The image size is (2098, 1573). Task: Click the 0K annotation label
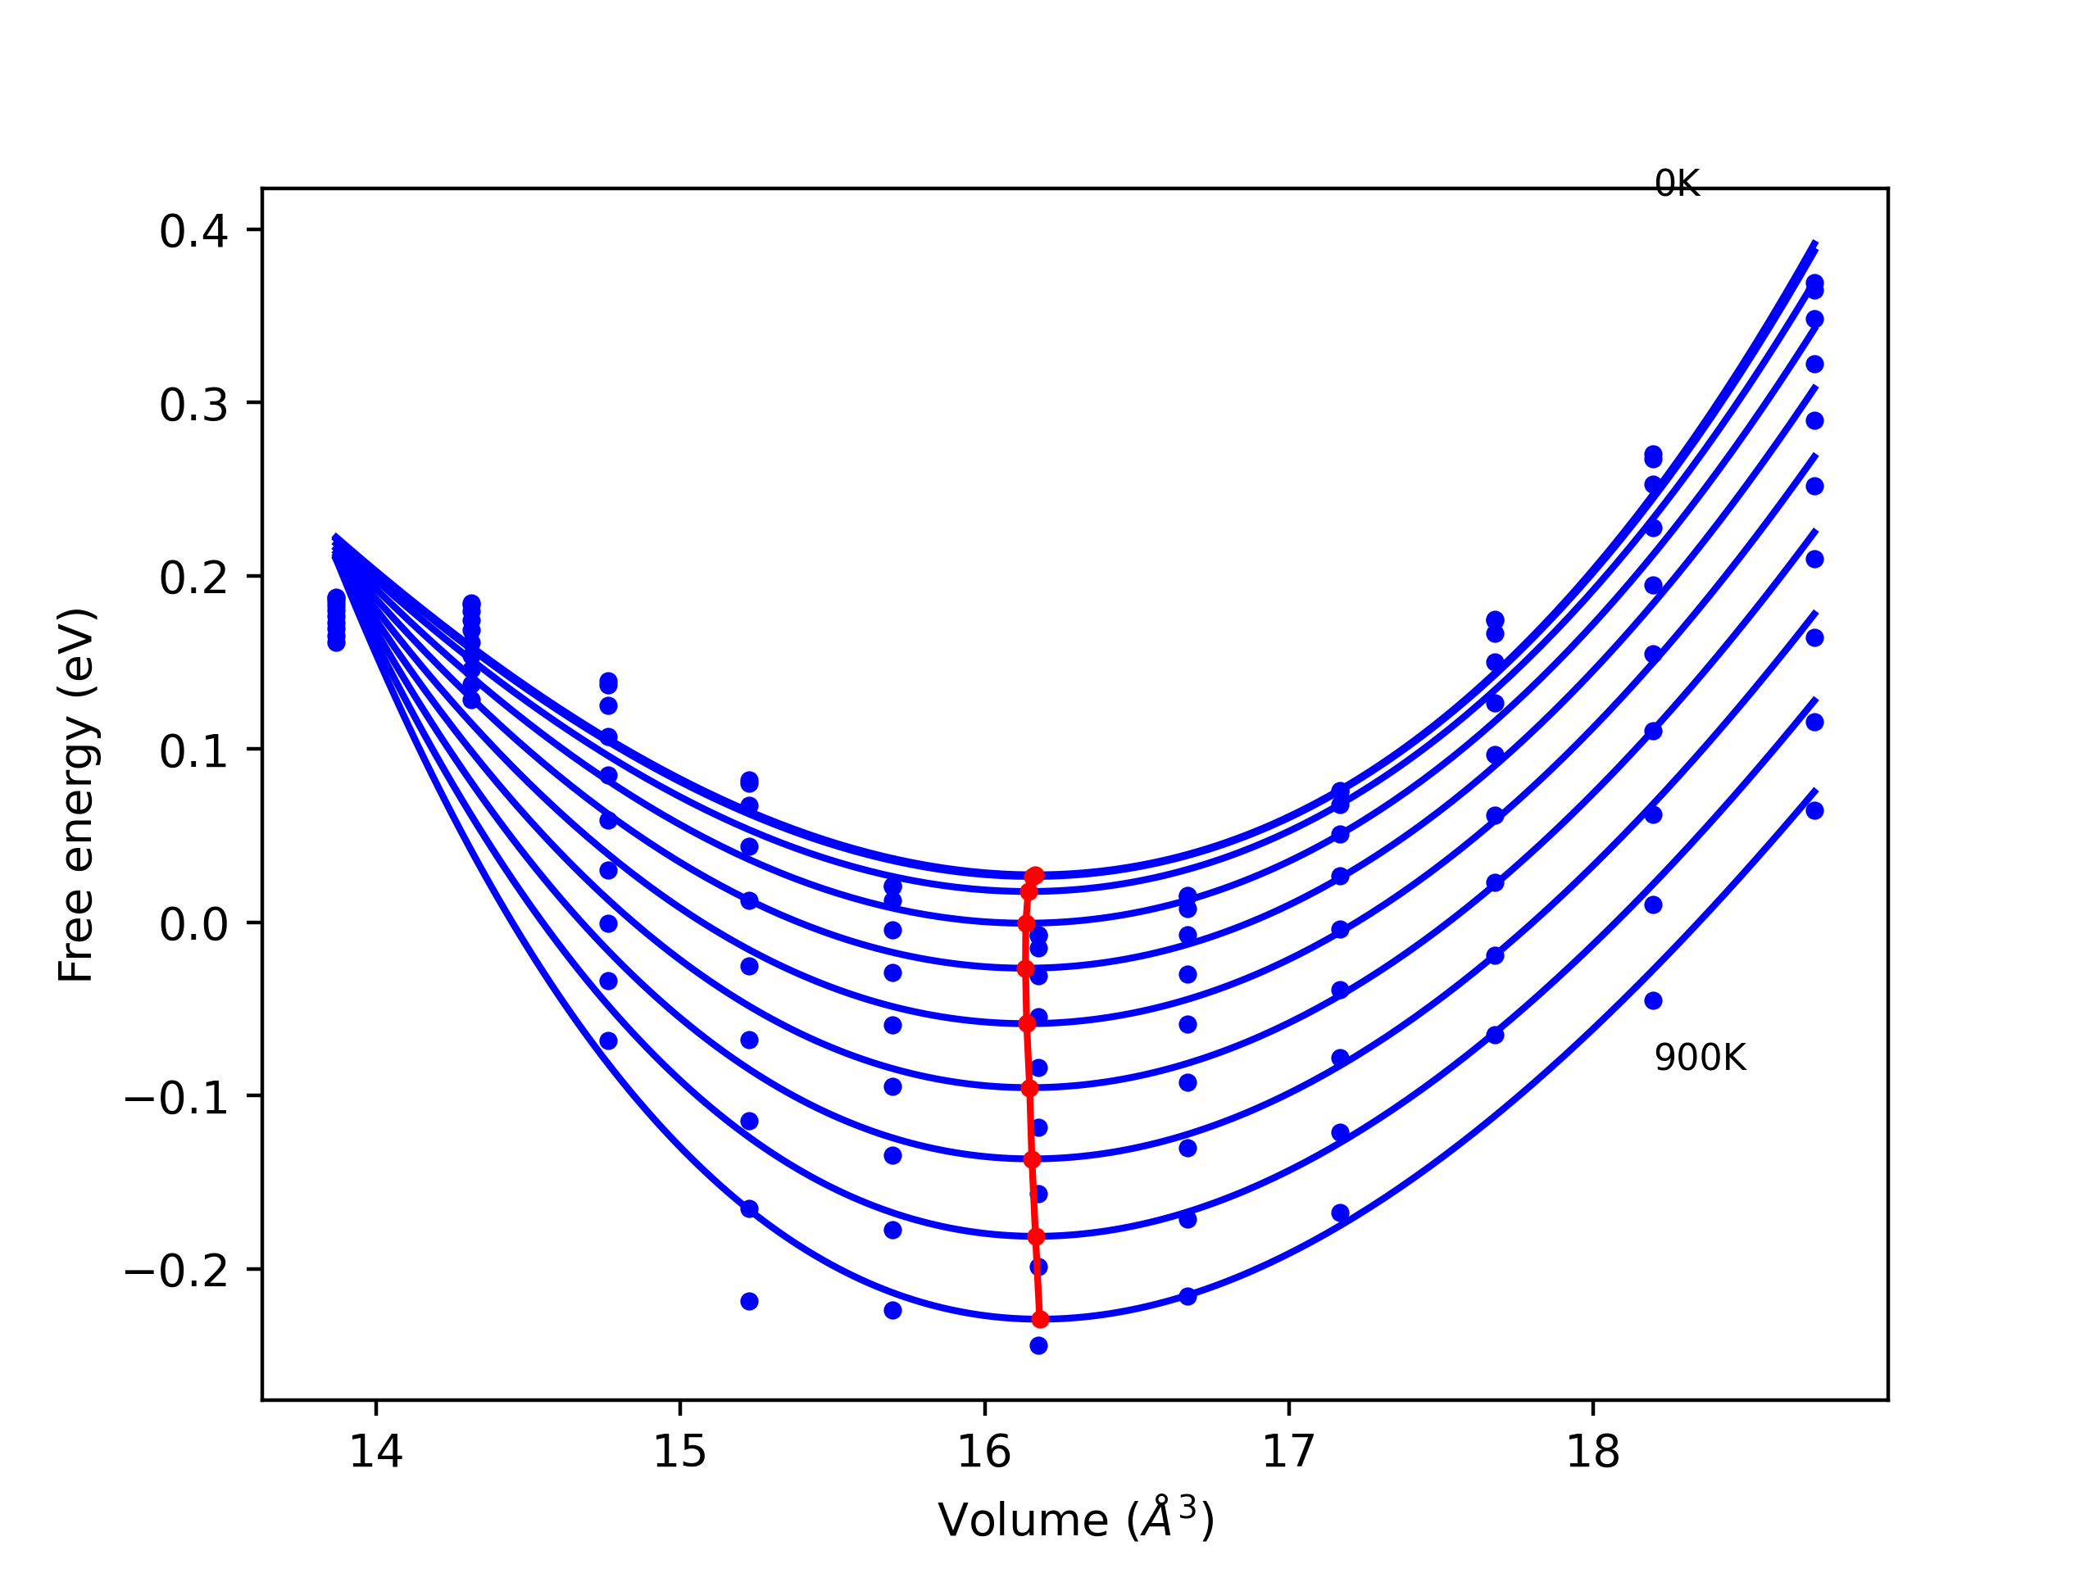1677,184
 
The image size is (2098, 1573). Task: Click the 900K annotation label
1700,1058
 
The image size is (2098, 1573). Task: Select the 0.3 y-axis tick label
193,405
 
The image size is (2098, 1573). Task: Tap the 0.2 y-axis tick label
193,578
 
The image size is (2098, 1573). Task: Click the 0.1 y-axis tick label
193,752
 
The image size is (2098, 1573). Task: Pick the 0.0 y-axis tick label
193,924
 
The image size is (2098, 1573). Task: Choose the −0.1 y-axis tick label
176,1098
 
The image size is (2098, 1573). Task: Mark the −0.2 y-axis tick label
176,1272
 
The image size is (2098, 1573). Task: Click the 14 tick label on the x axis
376,1452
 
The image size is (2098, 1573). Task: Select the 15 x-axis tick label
680,1452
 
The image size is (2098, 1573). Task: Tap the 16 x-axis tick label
984,1452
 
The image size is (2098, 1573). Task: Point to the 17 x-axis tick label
1289,1452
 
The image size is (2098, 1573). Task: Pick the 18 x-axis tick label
1592,1452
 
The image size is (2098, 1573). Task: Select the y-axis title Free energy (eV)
76,795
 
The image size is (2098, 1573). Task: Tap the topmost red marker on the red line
1035,875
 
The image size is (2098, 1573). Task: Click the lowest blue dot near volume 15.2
749,1301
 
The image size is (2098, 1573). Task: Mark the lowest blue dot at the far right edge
1814,811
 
